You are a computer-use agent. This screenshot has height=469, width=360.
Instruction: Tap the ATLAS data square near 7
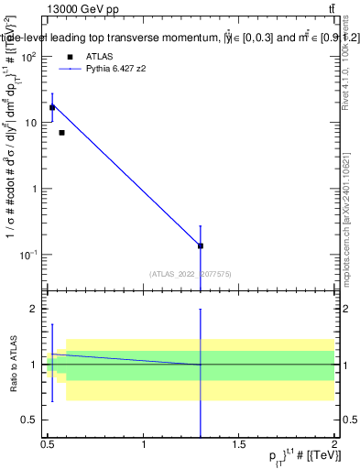click(x=61, y=133)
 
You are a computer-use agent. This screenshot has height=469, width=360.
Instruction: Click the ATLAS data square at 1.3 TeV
click(x=201, y=245)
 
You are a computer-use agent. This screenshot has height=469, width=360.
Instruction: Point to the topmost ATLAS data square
click(x=52, y=107)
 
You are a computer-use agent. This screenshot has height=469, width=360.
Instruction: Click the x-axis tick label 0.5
click(x=48, y=444)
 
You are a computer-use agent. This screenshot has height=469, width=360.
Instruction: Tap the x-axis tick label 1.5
click(x=239, y=444)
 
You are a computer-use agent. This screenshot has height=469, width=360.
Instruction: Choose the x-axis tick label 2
click(x=333, y=444)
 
